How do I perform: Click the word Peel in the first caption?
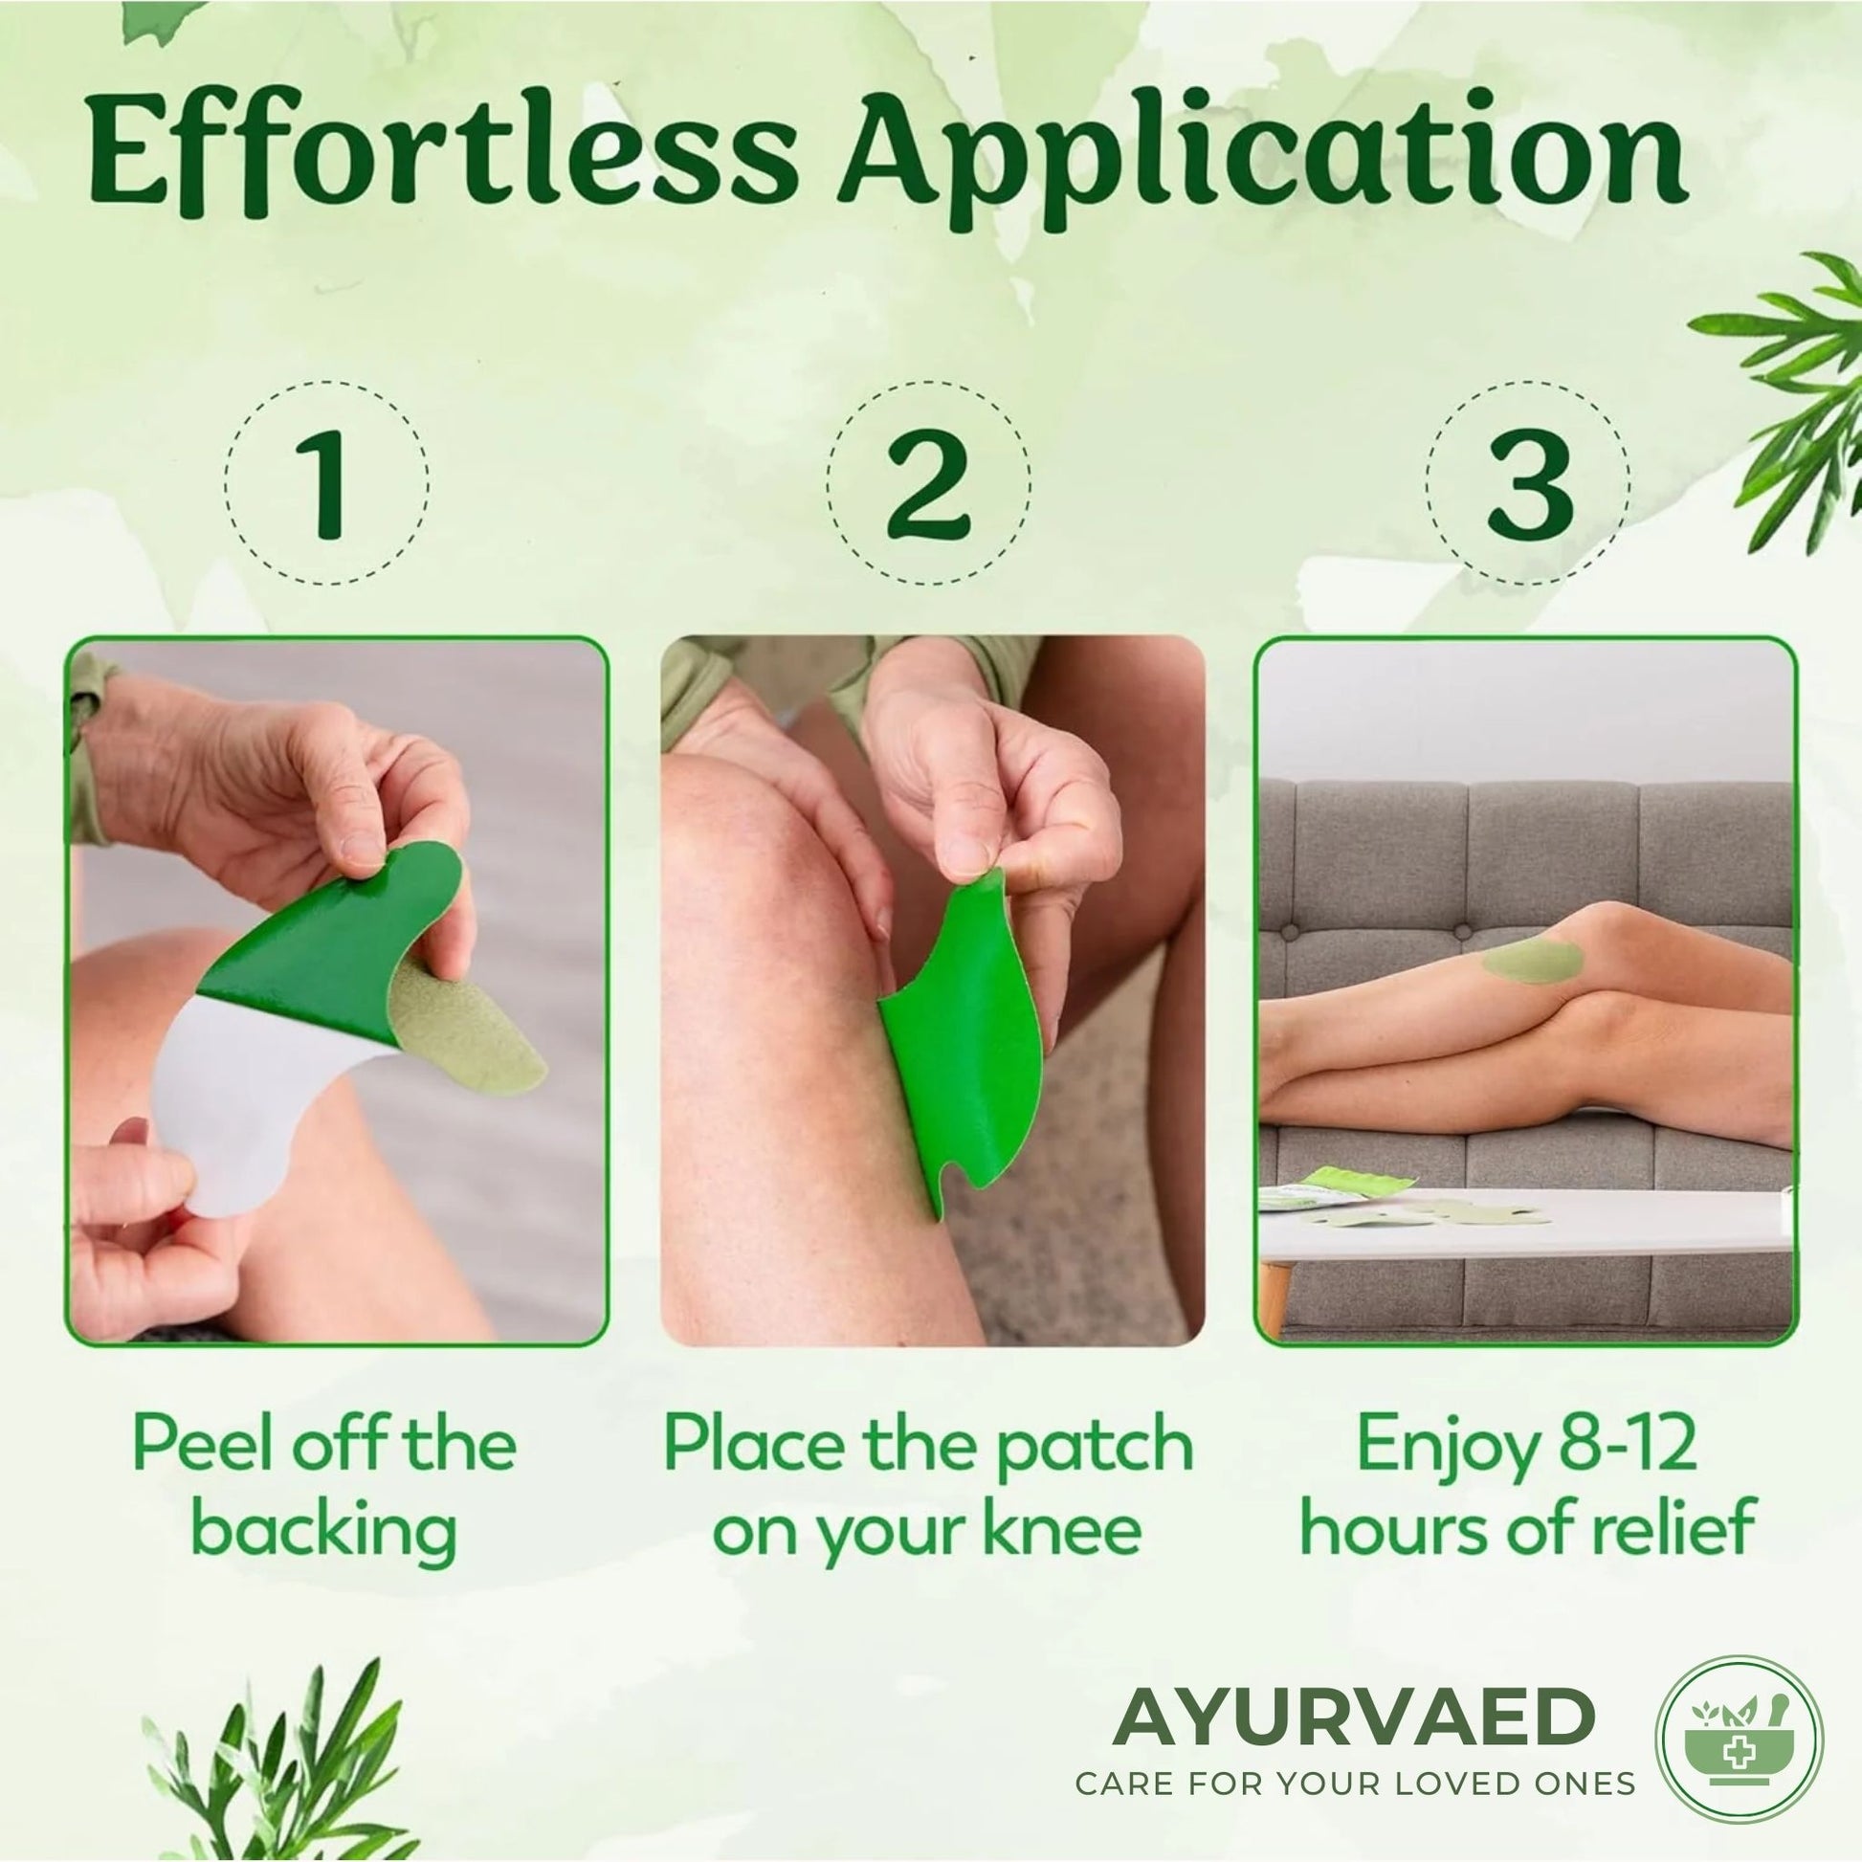click(x=204, y=1445)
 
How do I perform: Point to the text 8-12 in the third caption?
click(x=1622, y=1445)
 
